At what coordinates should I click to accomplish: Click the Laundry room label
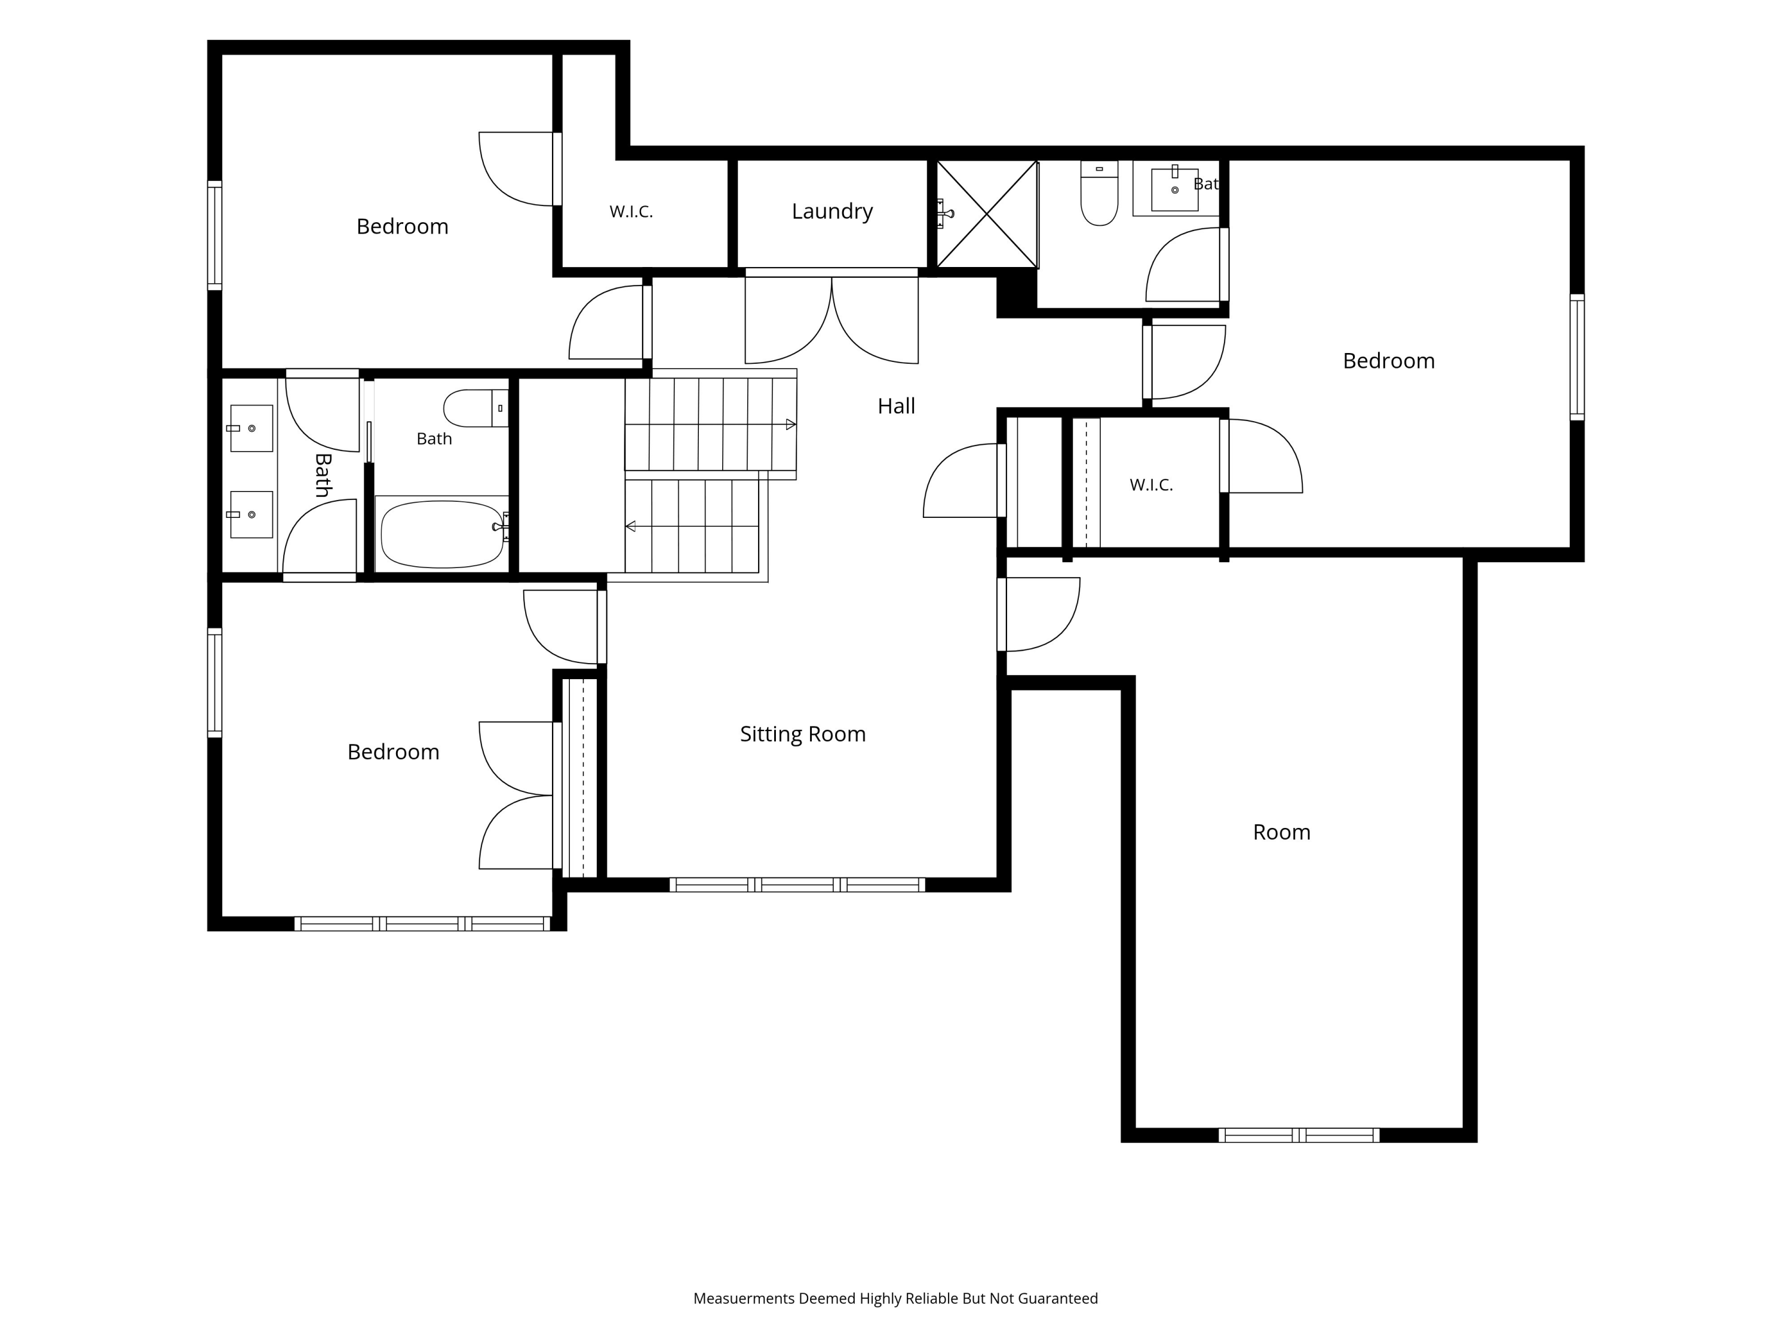pos(832,211)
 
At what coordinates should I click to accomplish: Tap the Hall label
pos(896,406)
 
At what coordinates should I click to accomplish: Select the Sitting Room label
pos(803,734)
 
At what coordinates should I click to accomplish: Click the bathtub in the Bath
pos(443,534)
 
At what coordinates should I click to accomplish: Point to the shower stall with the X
pos(987,214)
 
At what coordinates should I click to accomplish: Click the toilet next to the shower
pos(1099,193)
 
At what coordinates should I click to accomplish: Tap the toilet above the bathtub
pos(475,409)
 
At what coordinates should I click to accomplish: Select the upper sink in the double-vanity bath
pos(251,428)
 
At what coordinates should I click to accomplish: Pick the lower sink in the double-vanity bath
pos(251,514)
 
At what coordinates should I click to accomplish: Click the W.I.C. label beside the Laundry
pos(631,211)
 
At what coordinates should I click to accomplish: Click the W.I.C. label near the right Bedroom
pos(1151,484)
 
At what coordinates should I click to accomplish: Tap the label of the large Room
pos(1282,832)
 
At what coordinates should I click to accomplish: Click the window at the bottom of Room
pos(1299,1135)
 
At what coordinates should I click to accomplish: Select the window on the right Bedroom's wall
pos(1578,357)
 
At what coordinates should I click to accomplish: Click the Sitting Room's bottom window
pos(797,885)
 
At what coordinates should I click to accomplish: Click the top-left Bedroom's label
pos(403,226)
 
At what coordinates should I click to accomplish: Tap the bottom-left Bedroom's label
pos(394,752)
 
